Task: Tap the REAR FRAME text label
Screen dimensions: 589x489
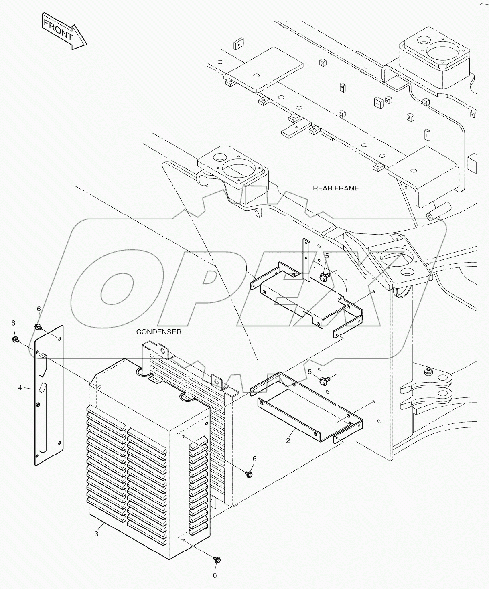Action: pyautogui.click(x=336, y=188)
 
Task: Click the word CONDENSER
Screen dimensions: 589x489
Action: pyautogui.click(x=159, y=332)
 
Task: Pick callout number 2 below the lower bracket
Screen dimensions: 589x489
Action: pyautogui.click(x=288, y=440)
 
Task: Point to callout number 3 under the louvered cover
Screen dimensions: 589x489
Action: pyautogui.click(x=96, y=534)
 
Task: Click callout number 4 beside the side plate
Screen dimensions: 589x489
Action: pyautogui.click(x=20, y=388)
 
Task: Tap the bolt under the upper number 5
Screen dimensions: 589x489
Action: pyautogui.click(x=324, y=276)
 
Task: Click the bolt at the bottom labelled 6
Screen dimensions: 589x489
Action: pyautogui.click(x=217, y=560)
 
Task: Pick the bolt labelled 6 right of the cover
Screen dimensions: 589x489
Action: pyautogui.click(x=249, y=474)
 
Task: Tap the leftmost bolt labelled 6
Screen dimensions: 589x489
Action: pyautogui.click(x=15, y=340)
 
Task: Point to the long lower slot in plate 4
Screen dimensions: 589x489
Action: pyautogui.click(x=43, y=417)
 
